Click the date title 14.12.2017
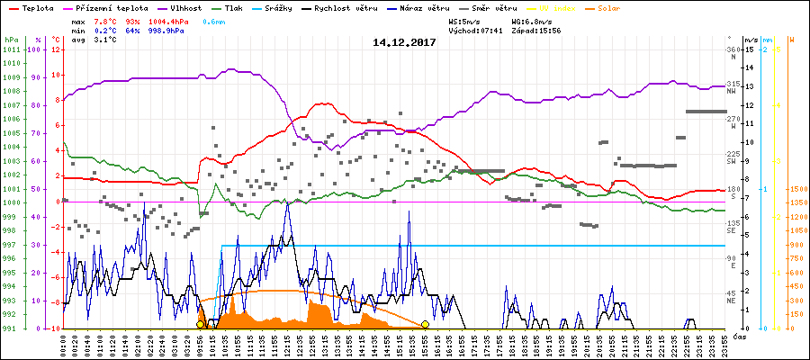coord(404,41)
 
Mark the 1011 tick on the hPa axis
coord(11,49)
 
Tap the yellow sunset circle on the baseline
coord(425,324)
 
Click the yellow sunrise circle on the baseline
coord(200,324)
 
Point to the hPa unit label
coord(10,40)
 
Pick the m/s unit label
coord(750,40)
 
